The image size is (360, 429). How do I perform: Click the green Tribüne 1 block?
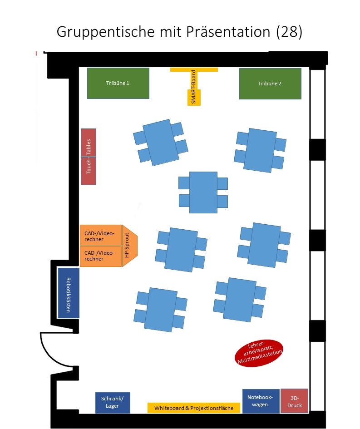tap(118, 83)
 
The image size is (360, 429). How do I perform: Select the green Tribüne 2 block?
tap(270, 84)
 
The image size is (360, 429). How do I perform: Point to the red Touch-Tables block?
tap(89, 157)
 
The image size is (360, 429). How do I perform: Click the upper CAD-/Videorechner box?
tap(100, 236)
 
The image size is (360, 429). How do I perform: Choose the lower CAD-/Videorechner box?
tap(100, 256)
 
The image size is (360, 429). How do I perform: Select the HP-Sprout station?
tap(129, 246)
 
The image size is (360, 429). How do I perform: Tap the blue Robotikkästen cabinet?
tap(69, 293)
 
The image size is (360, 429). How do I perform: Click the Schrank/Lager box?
tap(113, 403)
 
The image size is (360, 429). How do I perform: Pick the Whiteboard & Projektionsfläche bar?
tap(194, 408)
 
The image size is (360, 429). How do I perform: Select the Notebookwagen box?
tap(261, 401)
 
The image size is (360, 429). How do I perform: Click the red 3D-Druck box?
tap(294, 401)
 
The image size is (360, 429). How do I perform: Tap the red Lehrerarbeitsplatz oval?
tap(259, 352)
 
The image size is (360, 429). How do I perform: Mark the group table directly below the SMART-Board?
tap(202, 190)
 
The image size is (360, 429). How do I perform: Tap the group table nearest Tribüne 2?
tap(260, 150)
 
